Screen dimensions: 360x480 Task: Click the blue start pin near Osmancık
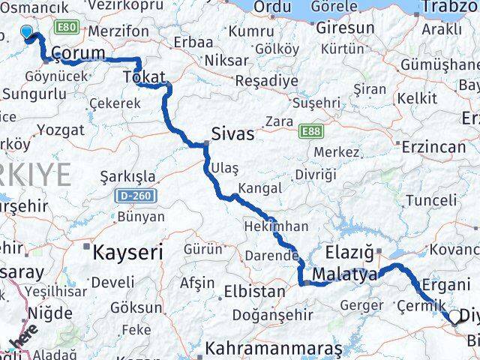(x=27, y=32)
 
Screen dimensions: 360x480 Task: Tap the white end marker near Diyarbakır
(x=454, y=318)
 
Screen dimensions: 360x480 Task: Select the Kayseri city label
(x=127, y=253)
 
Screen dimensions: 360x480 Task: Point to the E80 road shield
(x=66, y=28)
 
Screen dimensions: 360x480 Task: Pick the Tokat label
(x=143, y=76)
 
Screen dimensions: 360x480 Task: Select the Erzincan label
(x=433, y=147)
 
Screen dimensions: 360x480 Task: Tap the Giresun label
(x=345, y=28)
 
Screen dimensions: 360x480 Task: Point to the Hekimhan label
(x=276, y=225)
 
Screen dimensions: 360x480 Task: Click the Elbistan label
(x=254, y=290)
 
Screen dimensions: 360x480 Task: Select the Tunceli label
(x=430, y=200)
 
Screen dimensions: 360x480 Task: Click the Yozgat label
(x=60, y=130)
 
